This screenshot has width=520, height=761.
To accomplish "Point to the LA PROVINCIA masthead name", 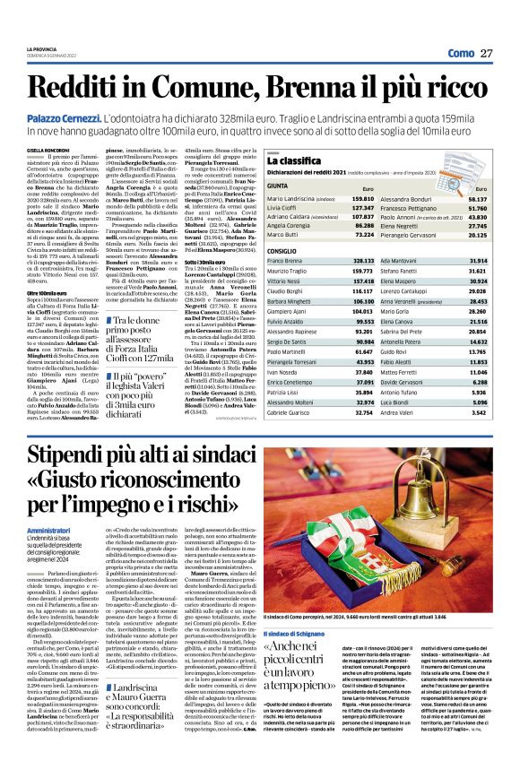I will click(42, 48).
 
